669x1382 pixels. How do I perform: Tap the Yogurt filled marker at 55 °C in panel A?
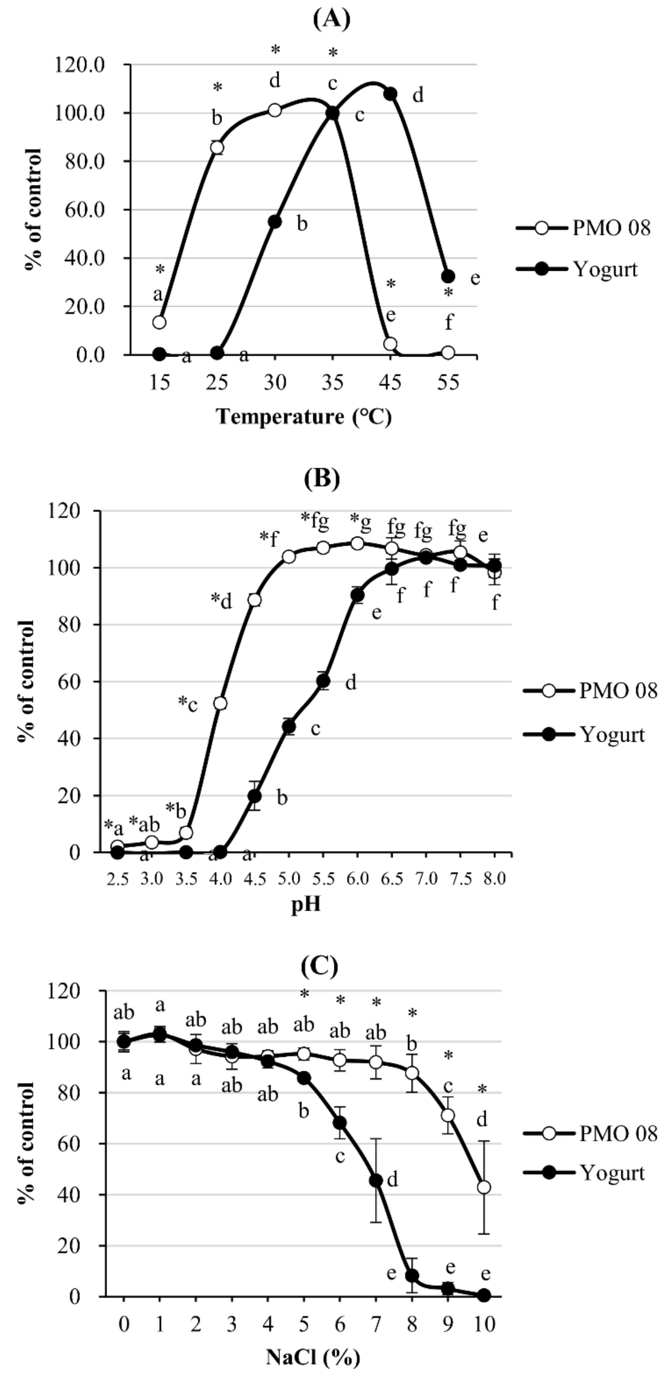(448, 276)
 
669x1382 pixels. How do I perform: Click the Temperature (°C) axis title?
(304, 416)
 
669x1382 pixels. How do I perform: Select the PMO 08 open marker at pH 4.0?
(220, 703)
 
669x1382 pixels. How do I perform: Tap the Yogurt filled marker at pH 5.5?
(323, 681)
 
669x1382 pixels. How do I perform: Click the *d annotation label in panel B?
(221, 601)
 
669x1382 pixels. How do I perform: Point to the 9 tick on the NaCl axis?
(448, 1324)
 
